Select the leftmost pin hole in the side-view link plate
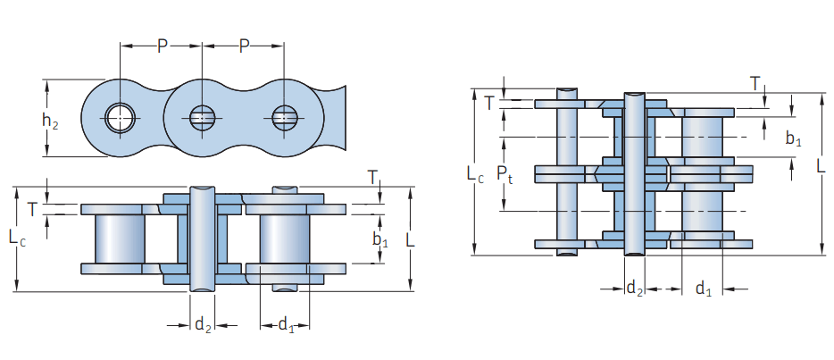120,116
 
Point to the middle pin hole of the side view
202,116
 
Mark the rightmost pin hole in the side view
285,116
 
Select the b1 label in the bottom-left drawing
380,240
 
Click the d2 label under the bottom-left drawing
203,324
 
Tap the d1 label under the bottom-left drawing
286,324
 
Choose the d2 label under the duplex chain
634,288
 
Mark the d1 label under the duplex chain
704,288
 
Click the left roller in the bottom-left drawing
120,239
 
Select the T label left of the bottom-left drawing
32,210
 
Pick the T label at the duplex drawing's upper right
755,84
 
